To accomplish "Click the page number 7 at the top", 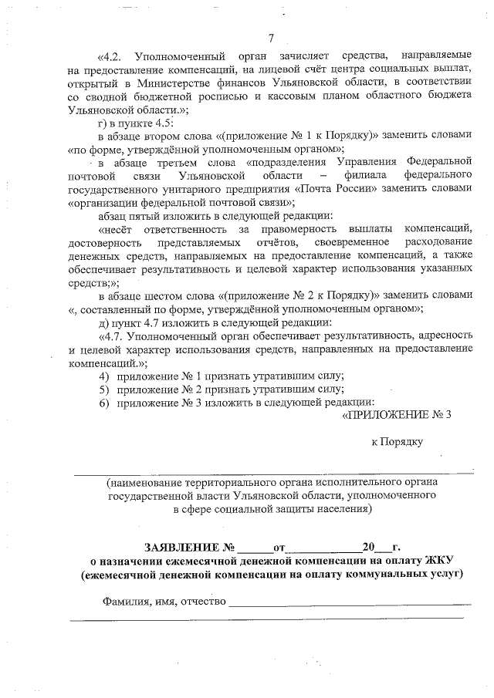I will pos(271,39).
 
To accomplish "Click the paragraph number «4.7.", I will pos(111,336).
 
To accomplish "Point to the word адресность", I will pos(445,336).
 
